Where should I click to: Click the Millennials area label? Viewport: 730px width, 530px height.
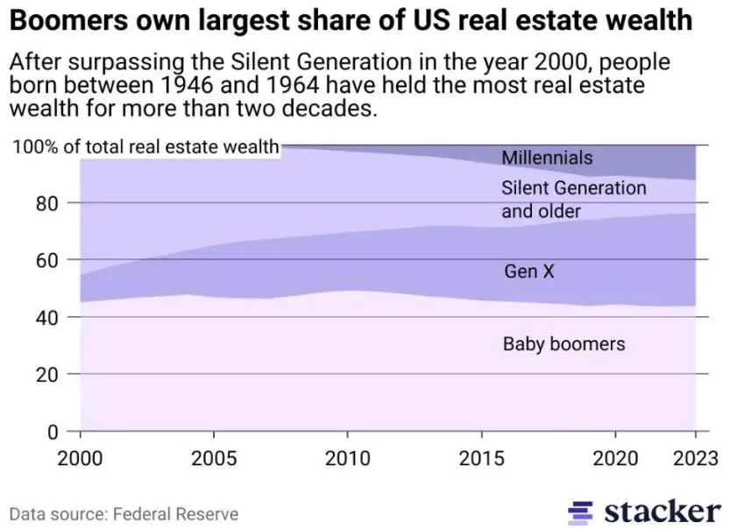pyautogui.click(x=547, y=158)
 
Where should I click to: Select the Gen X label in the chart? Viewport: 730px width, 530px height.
pyautogui.click(x=529, y=272)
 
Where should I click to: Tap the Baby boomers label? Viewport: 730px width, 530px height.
pyautogui.click(x=563, y=343)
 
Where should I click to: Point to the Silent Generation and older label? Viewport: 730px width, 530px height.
pyautogui.click(x=573, y=200)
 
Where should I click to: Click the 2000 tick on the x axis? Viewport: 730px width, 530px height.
pyautogui.click(x=81, y=457)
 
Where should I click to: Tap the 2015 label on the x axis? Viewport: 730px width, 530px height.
pyautogui.click(x=482, y=457)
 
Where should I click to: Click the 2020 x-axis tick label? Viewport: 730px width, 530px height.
pyautogui.click(x=614, y=457)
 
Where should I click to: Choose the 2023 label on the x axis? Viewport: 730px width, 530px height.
pyautogui.click(x=695, y=457)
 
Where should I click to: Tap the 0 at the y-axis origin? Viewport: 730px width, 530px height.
pyautogui.click(x=54, y=431)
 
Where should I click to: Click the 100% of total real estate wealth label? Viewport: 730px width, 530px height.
pyautogui.click(x=145, y=146)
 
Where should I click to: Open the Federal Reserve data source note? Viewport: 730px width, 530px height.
pyautogui.click(x=124, y=513)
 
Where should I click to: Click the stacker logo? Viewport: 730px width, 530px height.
pyautogui.click(x=645, y=512)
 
